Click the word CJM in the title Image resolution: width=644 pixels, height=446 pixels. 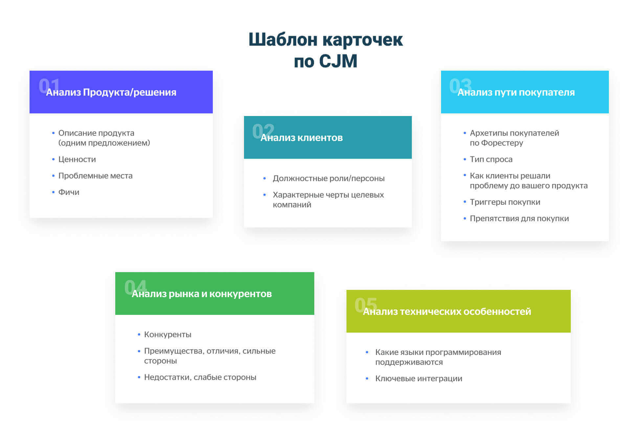(338, 61)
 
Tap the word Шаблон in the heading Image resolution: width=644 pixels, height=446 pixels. (283, 40)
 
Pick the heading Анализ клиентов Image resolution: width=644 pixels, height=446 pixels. (301, 138)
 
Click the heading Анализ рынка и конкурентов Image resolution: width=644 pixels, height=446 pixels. (202, 294)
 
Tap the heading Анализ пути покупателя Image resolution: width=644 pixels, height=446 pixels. (516, 92)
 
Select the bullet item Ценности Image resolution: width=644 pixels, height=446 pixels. (77, 159)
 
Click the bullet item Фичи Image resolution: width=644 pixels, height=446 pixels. (69, 192)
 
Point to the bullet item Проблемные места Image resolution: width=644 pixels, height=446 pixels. (96, 176)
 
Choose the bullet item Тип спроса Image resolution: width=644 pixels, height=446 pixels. (491, 159)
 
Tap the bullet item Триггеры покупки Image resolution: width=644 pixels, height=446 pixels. (505, 202)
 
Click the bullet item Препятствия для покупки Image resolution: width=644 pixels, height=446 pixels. (519, 219)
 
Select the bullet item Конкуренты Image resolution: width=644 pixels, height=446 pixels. (167, 335)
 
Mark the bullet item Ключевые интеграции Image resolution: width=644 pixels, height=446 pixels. (419, 379)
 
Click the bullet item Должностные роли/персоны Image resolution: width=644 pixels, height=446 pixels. (328, 178)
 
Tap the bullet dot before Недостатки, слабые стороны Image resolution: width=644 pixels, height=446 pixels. (139, 377)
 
